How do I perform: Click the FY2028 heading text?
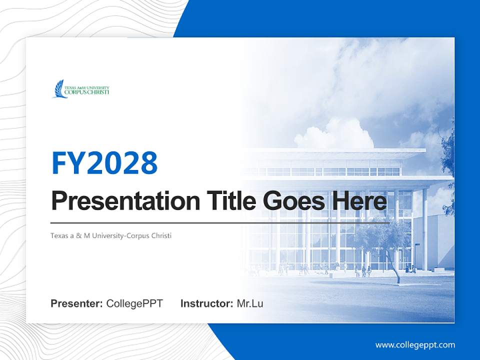(x=104, y=162)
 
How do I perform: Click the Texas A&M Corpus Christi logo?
(x=81, y=89)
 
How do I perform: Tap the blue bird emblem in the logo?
(x=60, y=89)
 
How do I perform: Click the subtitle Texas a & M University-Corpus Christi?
(x=111, y=235)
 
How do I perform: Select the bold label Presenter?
(x=77, y=303)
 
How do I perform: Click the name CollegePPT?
(x=134, y=303)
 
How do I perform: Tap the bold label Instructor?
(x=206, y=303)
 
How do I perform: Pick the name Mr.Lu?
(x=250, y=303)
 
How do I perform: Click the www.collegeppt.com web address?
(x=415, y=344)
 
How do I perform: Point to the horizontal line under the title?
(x=220, y=222)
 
